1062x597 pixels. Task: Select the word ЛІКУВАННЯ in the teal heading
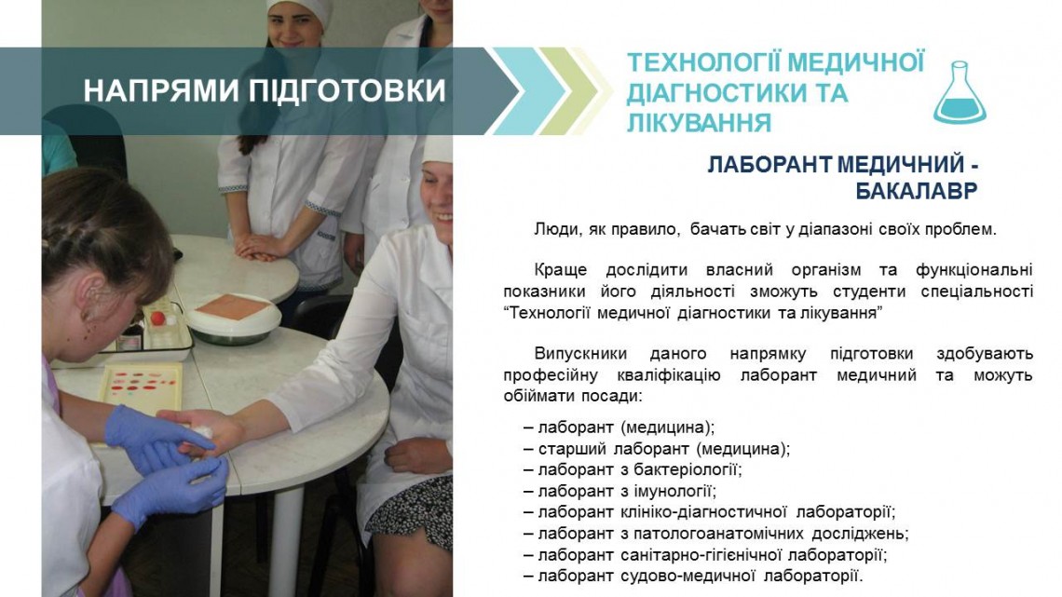pos(699,123)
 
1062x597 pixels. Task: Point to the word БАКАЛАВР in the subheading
pos(917,191)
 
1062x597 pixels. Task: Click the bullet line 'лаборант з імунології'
pos(619,491)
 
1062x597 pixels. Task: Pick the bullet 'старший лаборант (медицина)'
pos(657,448)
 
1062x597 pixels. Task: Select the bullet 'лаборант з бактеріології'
pos(633,469)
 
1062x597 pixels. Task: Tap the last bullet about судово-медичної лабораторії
pos(693,576)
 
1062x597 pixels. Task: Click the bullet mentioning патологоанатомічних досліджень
pos(715,534)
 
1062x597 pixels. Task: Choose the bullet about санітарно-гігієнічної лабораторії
pos(705,555)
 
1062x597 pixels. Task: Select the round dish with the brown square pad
pos(233,317)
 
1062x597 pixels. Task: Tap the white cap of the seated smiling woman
pos(438,149)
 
